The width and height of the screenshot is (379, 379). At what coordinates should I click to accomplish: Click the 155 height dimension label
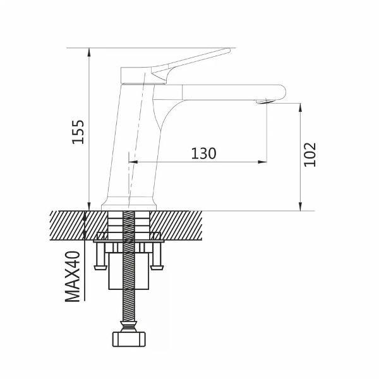pyautogui.click(x=78, y=132)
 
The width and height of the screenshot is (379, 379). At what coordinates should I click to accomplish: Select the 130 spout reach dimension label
pyautogui.click(x=203, y=153)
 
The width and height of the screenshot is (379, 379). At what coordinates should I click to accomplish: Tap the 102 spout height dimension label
pyautogui.click(x=310, y=155)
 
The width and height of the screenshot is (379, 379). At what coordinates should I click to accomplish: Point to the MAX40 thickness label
pyautogui.click(x=73, y=277)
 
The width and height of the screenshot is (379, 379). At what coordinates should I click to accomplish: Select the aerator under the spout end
pyautogui.click(x=265, y=102)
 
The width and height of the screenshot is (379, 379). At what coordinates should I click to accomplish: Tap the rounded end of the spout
pyautogui.click(x=282, y=92)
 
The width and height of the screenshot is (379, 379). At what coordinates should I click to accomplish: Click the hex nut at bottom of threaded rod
pyautogui.click(x=129, y=339)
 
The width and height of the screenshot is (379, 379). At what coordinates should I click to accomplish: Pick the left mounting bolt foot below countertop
pyautogui.click(x=100, y=267)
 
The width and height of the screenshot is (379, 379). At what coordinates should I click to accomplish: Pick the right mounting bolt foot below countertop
pyautogui.click(x=157, y=267)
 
